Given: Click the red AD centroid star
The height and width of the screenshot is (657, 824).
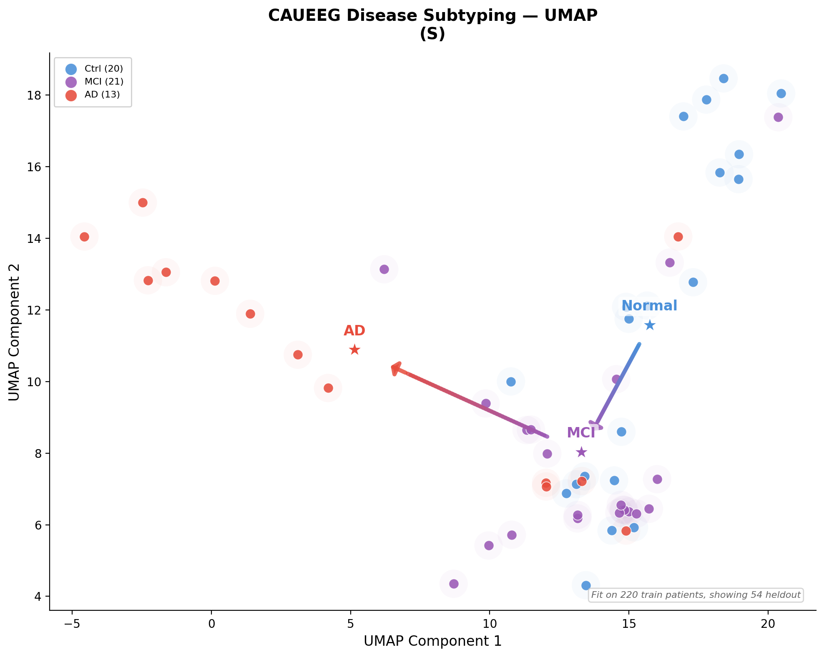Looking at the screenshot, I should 354,350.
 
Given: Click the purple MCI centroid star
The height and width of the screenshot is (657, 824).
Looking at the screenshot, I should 581,452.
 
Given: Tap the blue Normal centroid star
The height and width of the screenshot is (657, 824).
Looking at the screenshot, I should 650,325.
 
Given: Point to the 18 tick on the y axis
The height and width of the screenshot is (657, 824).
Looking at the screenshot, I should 33,95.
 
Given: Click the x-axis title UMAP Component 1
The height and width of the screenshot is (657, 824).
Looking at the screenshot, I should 432,642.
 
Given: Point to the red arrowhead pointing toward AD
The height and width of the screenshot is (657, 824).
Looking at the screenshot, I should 396,368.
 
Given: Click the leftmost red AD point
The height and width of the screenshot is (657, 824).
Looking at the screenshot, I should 84,237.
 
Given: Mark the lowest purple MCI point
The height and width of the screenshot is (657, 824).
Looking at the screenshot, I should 454,584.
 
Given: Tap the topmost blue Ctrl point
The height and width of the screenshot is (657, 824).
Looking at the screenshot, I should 724,78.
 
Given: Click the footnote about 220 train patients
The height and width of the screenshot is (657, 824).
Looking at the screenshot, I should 696,595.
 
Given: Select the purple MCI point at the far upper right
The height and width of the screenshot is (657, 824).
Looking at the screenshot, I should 778,117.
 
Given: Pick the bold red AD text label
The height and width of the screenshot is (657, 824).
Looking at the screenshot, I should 354,331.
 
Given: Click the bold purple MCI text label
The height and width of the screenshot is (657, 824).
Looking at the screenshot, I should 581,433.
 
